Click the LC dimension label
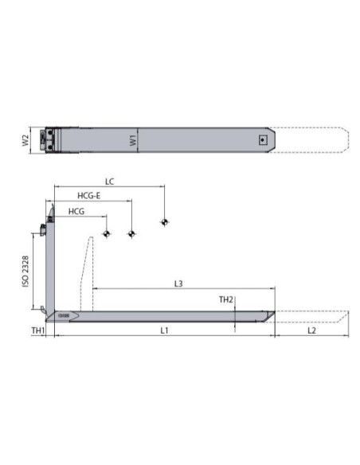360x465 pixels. tap(109, 182)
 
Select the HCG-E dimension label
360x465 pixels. tap(89, 196)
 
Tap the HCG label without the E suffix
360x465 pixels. tap(76, 212)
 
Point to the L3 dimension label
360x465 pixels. tap(178, 283)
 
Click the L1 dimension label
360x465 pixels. tap(164, 330)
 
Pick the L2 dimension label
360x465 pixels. tap(311, 330)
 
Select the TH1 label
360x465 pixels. tap(38, 330)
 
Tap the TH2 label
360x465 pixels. tap(226, 299)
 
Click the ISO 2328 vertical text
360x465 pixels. tap(25, 272)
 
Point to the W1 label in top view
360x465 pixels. tap(134, 140)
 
